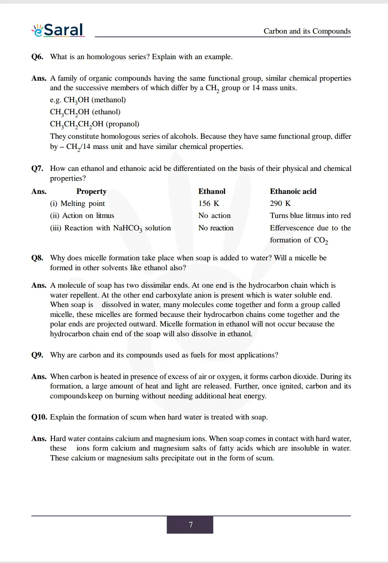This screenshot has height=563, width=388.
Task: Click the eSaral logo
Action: click(x=58, y=30)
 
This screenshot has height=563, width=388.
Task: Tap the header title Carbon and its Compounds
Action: click(x=307, y=31)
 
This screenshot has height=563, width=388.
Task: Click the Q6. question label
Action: click(x=37, y=57)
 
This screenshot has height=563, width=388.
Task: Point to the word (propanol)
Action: click(x=122, y=124)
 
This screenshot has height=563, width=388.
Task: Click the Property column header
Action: click(x=91, y=191)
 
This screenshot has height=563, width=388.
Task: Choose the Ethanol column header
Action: click(x=212, y=191)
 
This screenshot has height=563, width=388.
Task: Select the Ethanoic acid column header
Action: click(x=293, y=191)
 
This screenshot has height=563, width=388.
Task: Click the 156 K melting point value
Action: click(x=209, y=203)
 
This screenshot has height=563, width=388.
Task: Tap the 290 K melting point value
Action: click(x=280, y=203)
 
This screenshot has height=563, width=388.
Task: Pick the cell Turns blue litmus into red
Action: click(x=310, y=215)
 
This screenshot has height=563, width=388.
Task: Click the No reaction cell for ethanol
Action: click(x=216, y=228)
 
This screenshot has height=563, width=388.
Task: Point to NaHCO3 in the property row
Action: click(x=128, y=228)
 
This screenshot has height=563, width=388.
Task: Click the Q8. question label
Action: click(x=37, y=258)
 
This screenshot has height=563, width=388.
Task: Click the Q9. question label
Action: click(x=37, y=355)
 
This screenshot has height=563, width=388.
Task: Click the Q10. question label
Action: click(x=39, y=417)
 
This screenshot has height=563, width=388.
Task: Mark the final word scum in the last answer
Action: click(x=264, y=458)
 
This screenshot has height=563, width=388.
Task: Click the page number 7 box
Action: click(x=190, y=525)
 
